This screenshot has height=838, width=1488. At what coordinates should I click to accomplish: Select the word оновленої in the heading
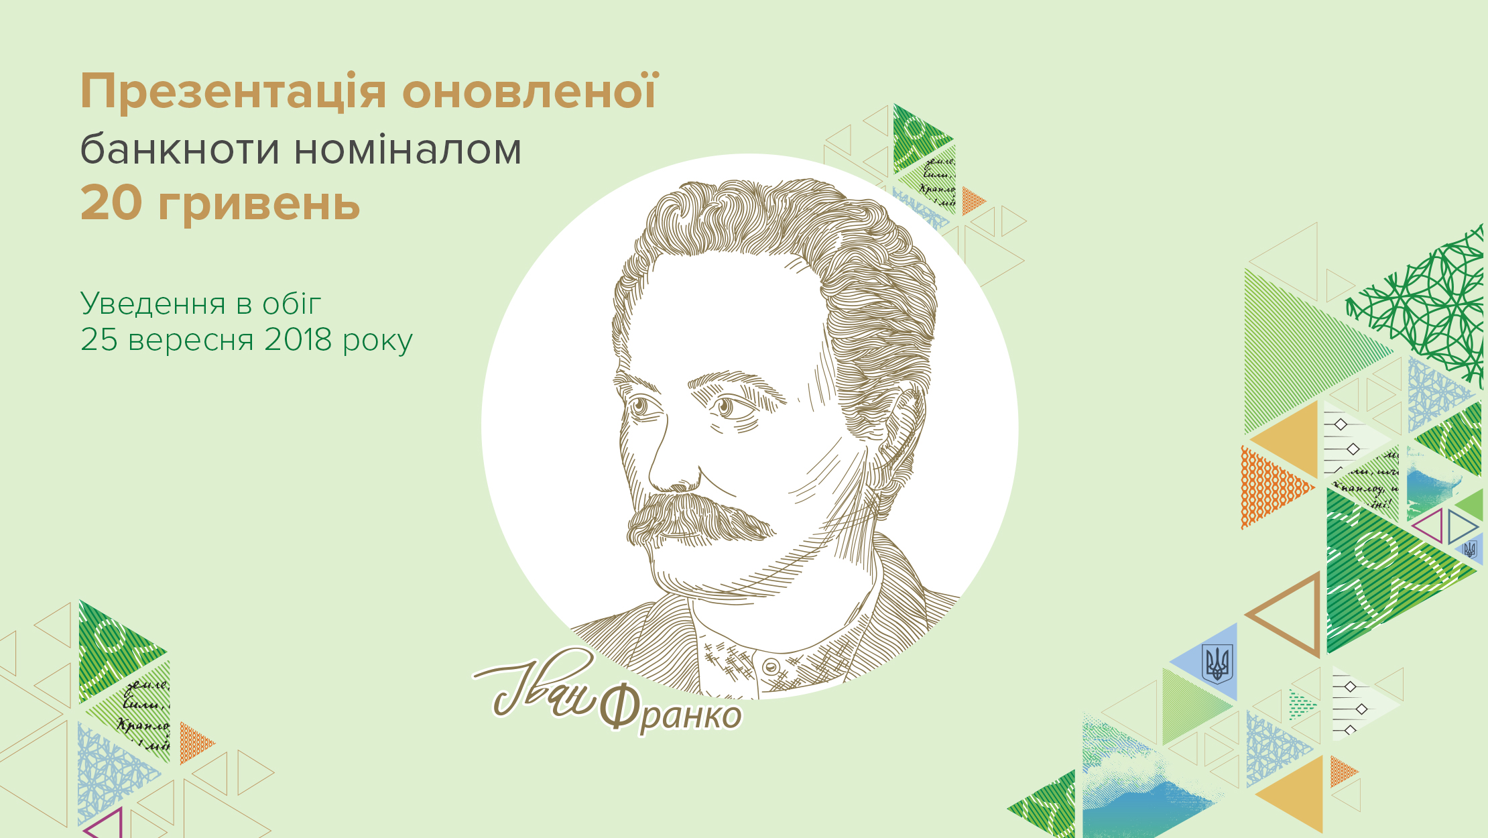click(530, 91)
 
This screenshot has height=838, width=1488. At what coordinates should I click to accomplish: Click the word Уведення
click(153, 304)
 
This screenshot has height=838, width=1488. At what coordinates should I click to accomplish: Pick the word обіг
click(292, 304)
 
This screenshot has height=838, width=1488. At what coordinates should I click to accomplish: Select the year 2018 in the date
click(298, 340)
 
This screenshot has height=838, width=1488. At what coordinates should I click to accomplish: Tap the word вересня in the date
click(191, 341)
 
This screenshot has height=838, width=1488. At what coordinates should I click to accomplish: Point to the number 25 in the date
click(99, 340)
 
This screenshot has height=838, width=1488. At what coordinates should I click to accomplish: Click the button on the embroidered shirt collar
click(771, 667)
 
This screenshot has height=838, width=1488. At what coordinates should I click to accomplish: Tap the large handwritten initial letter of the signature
click(516, 684)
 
